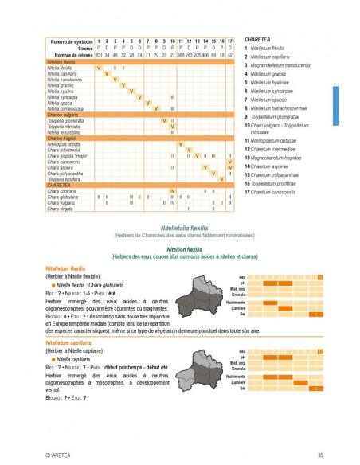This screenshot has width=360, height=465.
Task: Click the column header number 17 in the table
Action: (x=230, y=41)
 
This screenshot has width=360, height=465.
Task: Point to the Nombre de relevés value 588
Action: (x=180, y=54)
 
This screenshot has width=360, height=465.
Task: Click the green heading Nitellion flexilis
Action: (x=178, y=249)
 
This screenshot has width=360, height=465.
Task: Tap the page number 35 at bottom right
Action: (x=319, y=454)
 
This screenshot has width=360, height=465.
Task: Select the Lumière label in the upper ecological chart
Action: (x=237, y=308)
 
